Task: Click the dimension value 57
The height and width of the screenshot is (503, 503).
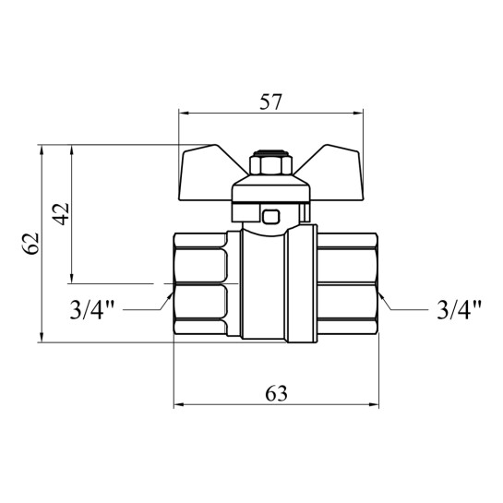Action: click(x=270, y=102)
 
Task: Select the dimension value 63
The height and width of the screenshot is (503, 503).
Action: click(x=276, y=393)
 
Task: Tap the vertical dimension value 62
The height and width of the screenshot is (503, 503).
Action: click(x=32, y=244)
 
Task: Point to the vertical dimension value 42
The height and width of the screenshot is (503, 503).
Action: click(x=61, y=214)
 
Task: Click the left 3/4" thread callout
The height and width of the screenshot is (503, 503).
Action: click(x=92, y=309)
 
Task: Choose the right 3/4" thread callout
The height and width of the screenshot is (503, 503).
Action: click(x=459, y=309)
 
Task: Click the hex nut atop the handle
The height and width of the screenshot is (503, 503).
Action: click(x=270, y=165)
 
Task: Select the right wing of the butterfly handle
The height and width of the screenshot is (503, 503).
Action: click(x=333, y=173)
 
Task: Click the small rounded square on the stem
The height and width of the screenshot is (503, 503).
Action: click(x=271, y=217)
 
